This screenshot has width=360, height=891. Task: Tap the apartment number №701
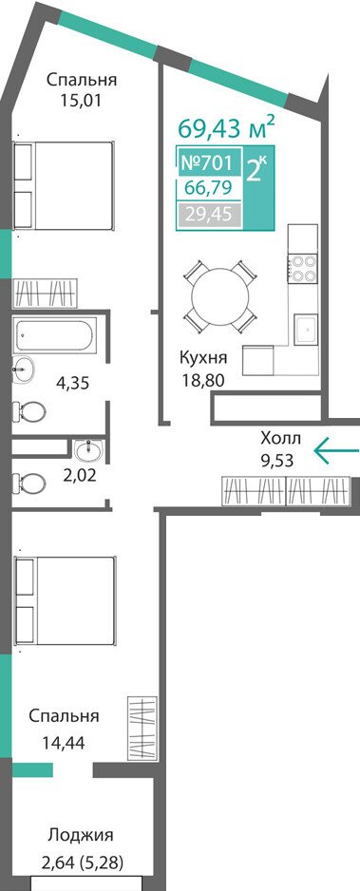click(207, 163)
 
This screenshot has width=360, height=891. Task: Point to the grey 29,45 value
click(207, 216)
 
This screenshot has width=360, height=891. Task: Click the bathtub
click(55, 334)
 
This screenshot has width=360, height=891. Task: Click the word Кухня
click(204, 358)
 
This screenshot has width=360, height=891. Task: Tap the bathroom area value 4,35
click(73, 383)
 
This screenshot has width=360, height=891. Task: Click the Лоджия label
click(81, 835)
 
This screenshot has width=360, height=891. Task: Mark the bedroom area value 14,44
click(64, 742)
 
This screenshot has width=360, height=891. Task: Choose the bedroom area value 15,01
click(82, 101)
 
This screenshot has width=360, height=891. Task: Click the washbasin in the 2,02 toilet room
click(88, 452)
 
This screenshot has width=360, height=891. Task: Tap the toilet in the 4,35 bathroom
click(29, 410)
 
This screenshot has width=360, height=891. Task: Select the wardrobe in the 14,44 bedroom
click(142, 729)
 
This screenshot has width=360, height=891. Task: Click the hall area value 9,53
click(277, 460)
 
